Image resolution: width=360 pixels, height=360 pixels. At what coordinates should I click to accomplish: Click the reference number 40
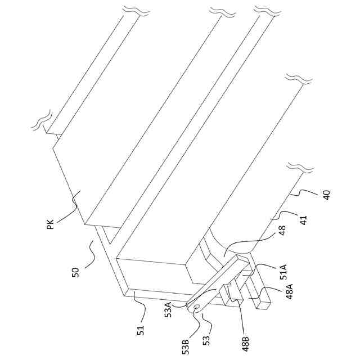(x=326, y=195)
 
